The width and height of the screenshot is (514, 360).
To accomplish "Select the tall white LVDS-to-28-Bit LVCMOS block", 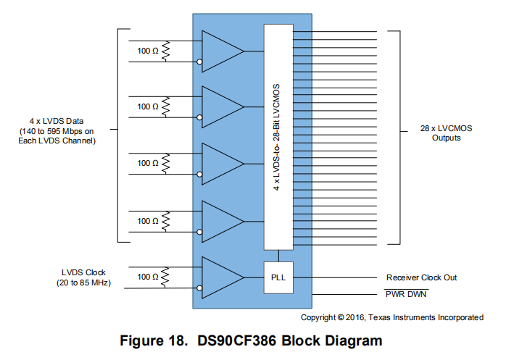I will coord(279,138).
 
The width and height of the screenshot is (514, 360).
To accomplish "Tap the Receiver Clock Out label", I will coord(421,277).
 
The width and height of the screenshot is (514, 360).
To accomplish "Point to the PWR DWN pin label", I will coord(407,293).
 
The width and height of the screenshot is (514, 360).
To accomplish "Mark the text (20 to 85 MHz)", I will coord(83,282).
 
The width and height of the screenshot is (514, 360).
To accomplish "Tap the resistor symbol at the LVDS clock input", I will coord(166,277).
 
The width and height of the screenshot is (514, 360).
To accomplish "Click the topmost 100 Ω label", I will coord(147,51).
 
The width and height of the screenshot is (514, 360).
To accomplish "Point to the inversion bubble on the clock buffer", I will coord(199,289).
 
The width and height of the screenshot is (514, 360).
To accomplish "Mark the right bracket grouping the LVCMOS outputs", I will coord(397,138).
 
